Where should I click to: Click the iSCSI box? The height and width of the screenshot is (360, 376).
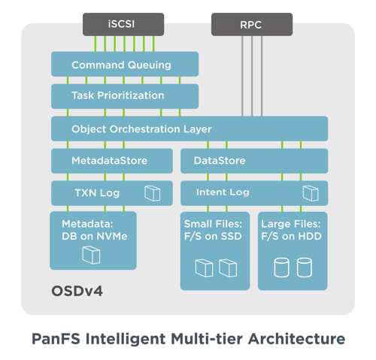pos(123,24)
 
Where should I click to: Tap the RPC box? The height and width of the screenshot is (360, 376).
pos(252,24)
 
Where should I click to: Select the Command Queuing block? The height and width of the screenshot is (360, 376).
pos(125,64)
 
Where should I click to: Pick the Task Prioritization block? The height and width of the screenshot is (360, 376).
pos(125,96)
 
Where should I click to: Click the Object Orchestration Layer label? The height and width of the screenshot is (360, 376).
pos(141,129)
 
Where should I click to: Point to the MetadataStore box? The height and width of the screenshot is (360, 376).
pos(112,161)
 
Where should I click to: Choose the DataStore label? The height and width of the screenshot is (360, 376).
pos(220,161)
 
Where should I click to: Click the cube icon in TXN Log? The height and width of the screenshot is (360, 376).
pos(153,193)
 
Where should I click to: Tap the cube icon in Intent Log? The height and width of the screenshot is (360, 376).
pos(311,193)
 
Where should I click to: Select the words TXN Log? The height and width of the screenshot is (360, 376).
pos(97,193)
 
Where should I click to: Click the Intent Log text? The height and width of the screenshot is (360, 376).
pos(223,192)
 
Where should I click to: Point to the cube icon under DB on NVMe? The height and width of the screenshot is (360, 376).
pos(91,255)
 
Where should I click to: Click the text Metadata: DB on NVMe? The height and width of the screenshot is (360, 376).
pos(95,230)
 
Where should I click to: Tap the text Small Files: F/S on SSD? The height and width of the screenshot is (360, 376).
pos(213,230)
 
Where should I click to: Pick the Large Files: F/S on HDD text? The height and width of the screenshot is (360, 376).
pos(291,230)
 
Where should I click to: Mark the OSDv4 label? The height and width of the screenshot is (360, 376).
pos(77,291)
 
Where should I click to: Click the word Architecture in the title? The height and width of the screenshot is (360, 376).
pos(297,339)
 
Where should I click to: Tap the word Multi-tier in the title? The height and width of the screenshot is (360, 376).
pos(207,339)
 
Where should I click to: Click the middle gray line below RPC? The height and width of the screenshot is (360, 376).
pos(252,76)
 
